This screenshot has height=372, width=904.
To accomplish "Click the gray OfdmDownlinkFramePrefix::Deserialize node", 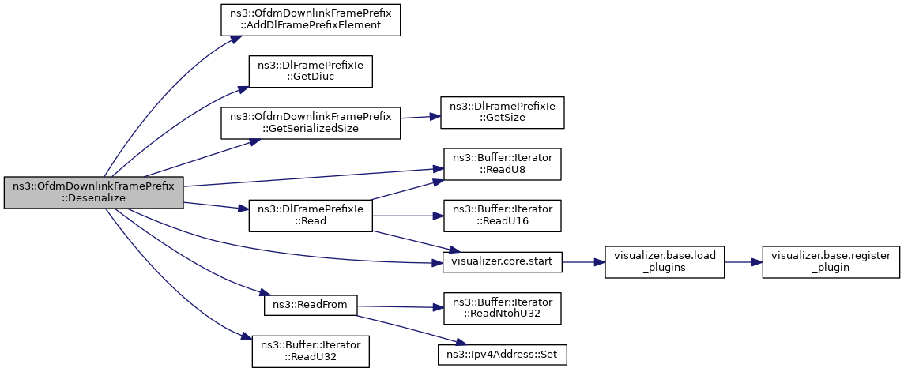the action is [93, 193].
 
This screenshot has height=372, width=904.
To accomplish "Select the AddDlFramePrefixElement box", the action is [311, 21].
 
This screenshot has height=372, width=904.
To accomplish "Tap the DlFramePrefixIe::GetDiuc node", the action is [311, 72].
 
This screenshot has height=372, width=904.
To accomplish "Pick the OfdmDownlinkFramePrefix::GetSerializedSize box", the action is [311, 122].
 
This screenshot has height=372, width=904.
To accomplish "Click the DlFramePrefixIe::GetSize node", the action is [502, 113].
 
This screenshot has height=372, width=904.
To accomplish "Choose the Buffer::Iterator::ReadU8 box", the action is [502, 164].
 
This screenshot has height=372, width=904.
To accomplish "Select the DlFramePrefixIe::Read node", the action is [311, 216].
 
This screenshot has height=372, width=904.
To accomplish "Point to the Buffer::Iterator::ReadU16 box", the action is [502, 216].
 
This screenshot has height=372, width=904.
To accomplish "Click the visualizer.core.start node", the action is [502, 262].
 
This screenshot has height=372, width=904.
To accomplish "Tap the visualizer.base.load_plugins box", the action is [664, 262].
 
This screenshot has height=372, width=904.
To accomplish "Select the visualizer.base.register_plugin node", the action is [831, 262].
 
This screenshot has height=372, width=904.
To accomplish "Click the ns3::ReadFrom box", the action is [311, 305].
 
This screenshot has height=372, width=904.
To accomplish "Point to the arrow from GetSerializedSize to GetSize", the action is [420, 118].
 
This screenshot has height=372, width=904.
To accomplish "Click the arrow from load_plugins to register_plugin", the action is [743, 262].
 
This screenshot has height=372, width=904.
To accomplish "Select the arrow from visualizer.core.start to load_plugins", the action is [583, 262].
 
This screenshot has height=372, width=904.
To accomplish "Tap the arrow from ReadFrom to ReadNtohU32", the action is [400, 307].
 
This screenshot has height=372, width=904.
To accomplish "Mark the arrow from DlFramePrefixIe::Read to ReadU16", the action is [408, 216].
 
